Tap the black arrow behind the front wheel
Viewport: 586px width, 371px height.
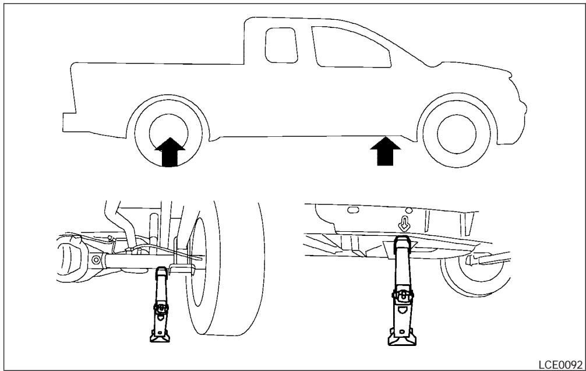385,151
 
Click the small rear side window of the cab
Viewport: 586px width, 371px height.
277,45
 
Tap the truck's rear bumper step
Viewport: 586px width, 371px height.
69,119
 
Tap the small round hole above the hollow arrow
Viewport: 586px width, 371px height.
409,210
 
